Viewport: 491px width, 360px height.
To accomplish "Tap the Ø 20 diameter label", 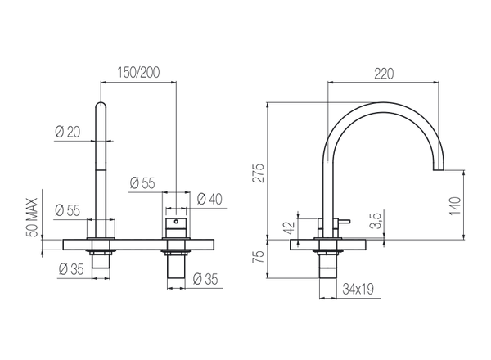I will pyautogui.click(x=69, y=131).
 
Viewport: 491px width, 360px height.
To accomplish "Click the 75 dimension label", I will pyautogui.click(x=260, y=259).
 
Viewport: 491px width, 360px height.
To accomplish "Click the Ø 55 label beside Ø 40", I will pyautogui.click(x=145, y=183).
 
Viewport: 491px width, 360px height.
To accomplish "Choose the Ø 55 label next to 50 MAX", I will pyautogui.click(x=67, y=209).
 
